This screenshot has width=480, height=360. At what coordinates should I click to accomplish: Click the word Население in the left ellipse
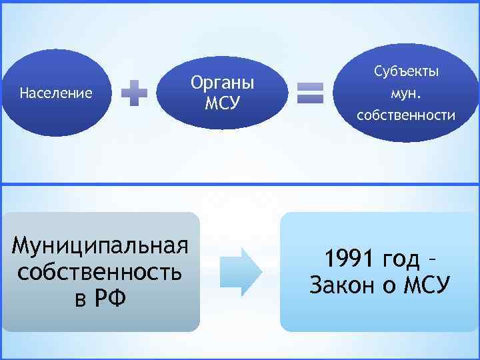(56, 93)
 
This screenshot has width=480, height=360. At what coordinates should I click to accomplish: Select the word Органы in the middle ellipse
(223, 83)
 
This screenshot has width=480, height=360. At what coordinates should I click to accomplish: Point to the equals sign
(310, 93)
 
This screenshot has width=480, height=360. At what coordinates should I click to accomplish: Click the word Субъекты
(406, 71)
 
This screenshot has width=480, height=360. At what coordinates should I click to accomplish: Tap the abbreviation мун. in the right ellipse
(406, 93)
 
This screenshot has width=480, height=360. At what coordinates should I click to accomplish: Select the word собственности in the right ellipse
(406, 115)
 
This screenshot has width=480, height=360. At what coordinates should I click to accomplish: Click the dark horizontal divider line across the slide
(240, 184)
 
